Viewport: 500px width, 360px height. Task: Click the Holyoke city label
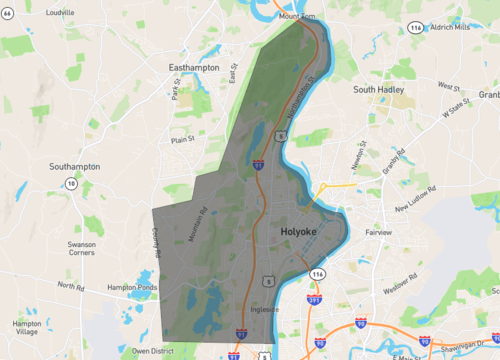(292, 232)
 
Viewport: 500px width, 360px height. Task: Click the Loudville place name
(60, 13)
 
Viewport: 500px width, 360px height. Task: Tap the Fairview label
(379, 232)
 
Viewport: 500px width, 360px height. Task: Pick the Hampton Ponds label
(133, 287)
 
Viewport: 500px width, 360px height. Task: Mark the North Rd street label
(71, 287)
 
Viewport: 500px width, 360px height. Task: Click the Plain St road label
(182, 141)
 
